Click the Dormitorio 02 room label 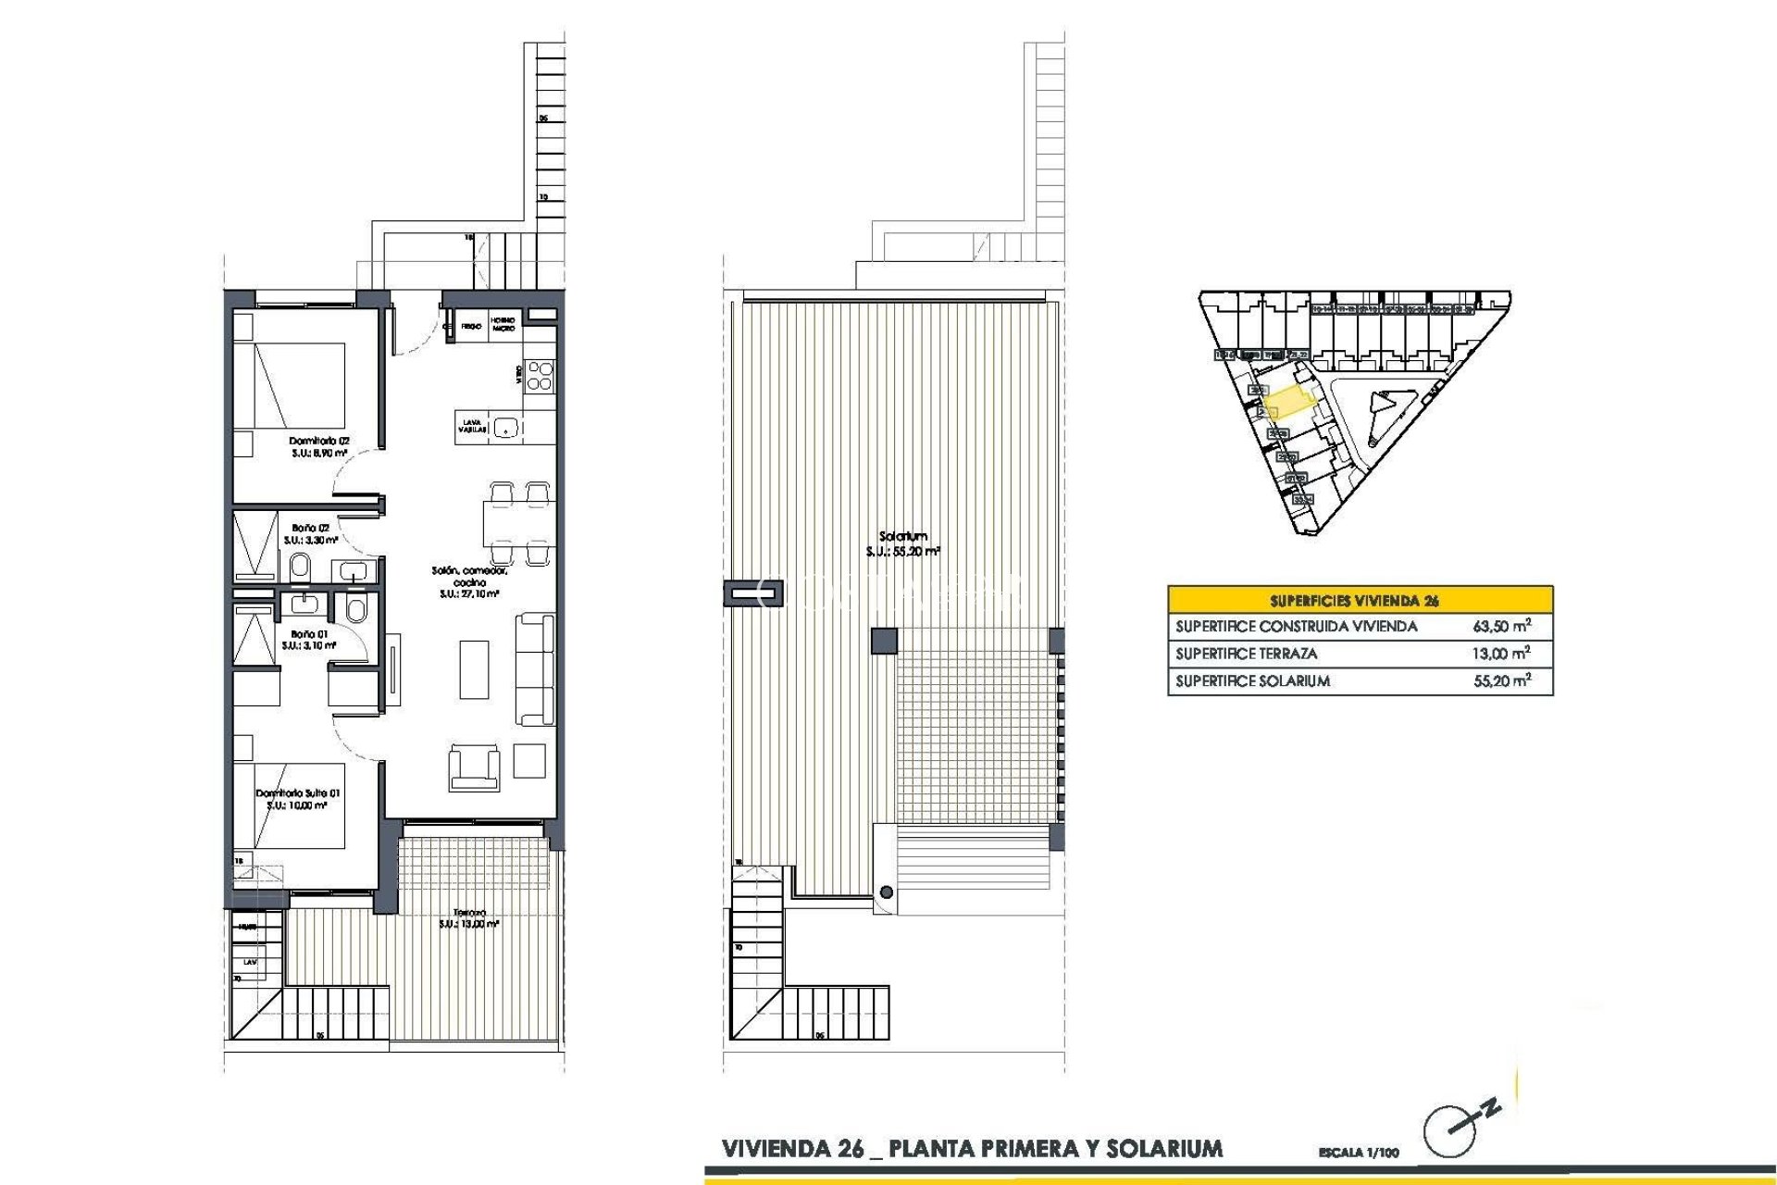click(x=318, y=447)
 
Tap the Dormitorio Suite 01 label click(x=297, y=799)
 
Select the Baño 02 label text click(x=310, y=533)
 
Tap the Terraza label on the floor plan click(x=469, y=917)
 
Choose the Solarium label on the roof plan click(x=902, y=543)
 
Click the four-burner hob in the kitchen click(x=540, y=375)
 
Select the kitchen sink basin click(x=505, y=427)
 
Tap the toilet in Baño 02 click(x=300, y=566)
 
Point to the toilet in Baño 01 click(x=355, y=608)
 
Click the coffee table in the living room click(x=474, y=669)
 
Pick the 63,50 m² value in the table click(x=1500, y=627)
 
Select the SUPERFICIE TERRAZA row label click(x=1246, y=654)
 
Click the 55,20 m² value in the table click(x=1500, y=681)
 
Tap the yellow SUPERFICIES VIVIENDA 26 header click(x=1360, y=600)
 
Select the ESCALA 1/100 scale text click(x=1358, y=1153)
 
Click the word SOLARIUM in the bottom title click(x=1164, y=1149)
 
